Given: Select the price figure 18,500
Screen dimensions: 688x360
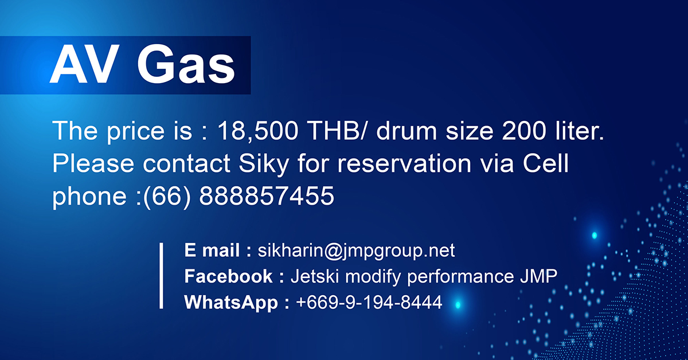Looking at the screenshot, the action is point(257,131).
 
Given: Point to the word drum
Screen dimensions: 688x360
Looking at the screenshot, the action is point(406,131).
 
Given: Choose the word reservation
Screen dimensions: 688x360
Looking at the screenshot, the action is point(404,164).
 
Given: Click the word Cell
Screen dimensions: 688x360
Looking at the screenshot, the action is point(545,163).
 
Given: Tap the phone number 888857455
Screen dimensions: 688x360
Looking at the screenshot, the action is point(267,196).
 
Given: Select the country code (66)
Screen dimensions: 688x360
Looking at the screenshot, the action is point(167,197).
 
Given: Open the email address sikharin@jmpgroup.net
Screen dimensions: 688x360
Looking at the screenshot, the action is point(356,251).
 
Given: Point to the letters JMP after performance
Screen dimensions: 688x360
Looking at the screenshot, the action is point(538,276).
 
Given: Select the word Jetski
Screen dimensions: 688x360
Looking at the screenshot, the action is point(315,276).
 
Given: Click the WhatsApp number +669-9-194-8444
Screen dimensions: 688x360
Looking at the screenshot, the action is point(369,302).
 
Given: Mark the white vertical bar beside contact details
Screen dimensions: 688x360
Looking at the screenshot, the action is point(161,276).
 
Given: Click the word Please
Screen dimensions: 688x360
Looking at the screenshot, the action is point(93,163).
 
